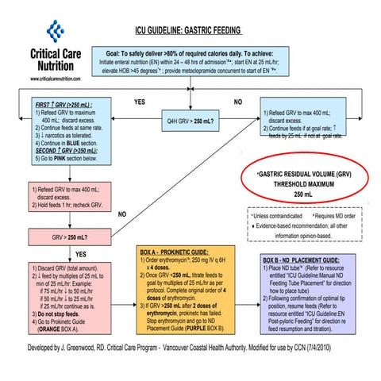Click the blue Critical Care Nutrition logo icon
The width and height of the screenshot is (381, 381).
tap(55, 32)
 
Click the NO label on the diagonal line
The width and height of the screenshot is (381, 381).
tap(121, 214)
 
